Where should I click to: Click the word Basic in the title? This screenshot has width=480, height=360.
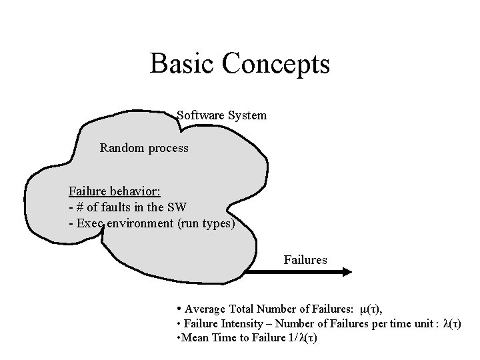[181, 64]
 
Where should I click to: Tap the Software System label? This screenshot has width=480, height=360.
[221, 115]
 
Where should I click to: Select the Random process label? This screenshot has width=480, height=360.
[144, 147]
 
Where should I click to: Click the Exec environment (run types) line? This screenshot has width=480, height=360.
[151, 223]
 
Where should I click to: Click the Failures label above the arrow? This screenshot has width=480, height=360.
[305, 259]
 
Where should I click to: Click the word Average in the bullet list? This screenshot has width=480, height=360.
[205, 309]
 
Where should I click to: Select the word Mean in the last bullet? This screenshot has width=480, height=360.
[193, 338]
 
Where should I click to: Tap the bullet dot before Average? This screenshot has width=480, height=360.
[179, 309]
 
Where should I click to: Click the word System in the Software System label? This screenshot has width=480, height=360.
[247, 115]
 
